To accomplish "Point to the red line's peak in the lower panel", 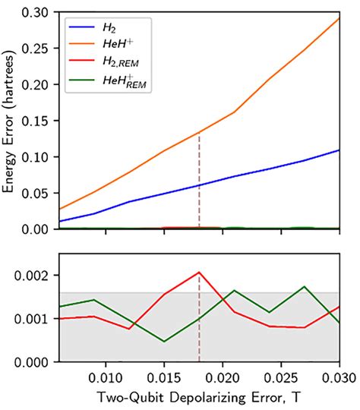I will point(199,272).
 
